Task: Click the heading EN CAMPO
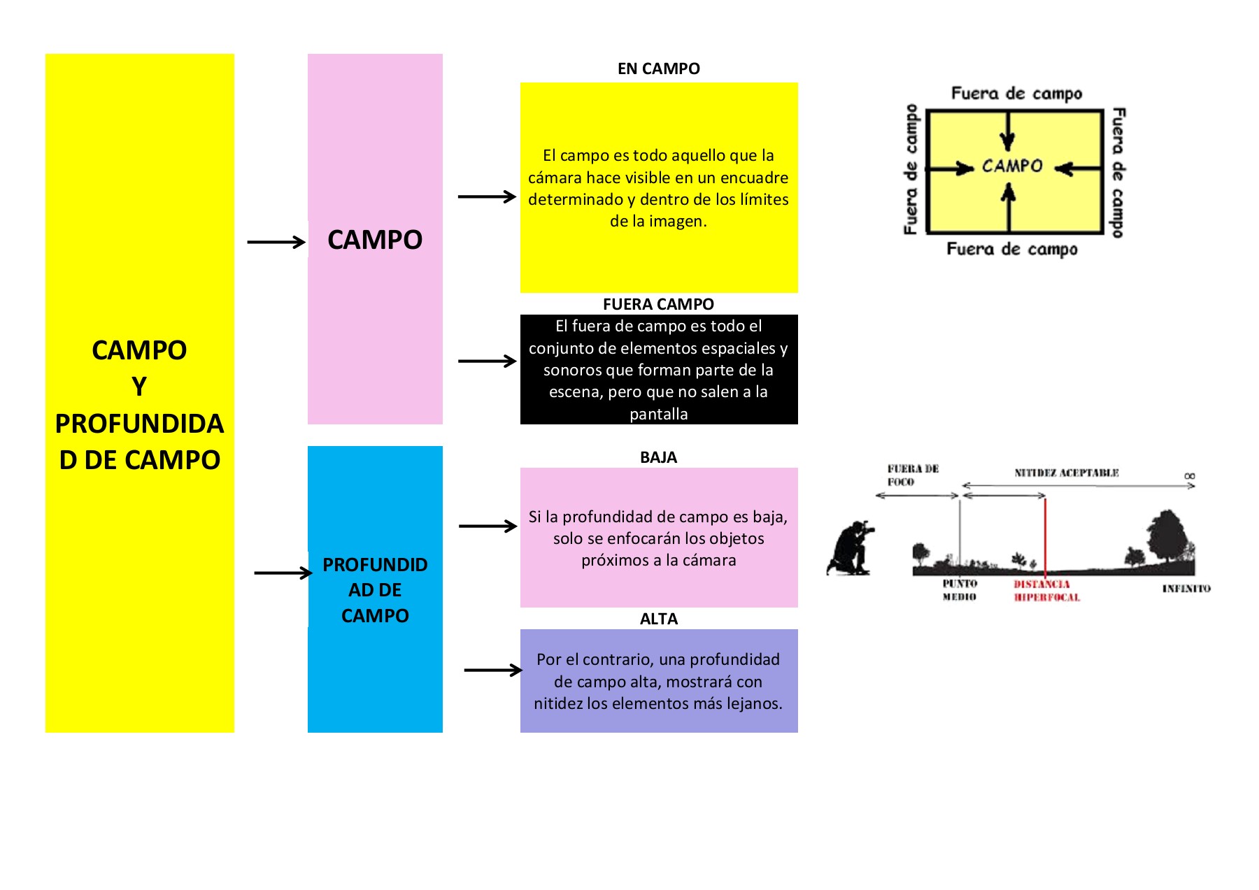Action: pos(658,69)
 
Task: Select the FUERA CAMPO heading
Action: pos(658,304)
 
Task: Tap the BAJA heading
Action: pos(658,457)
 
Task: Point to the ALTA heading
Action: pos(658,619)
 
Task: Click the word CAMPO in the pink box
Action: pos(375,240)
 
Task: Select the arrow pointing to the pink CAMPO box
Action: pos(276,242)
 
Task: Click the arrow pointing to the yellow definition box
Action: pos(487,197)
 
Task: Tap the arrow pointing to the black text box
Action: pos(487,361)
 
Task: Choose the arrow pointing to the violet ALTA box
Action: pos(493,670)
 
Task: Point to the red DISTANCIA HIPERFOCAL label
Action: pos(1046,591)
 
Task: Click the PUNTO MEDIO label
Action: pos(959,590)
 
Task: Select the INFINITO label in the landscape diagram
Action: pos(1186,589)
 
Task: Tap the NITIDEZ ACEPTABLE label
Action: pos(1067,473)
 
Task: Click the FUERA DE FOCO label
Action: pos(912,475)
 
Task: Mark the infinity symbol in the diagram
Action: pos(1190,476)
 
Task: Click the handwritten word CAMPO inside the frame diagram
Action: pos(1012,166)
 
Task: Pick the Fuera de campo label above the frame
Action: pos(1016,94)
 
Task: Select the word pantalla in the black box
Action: pos(658,414)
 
